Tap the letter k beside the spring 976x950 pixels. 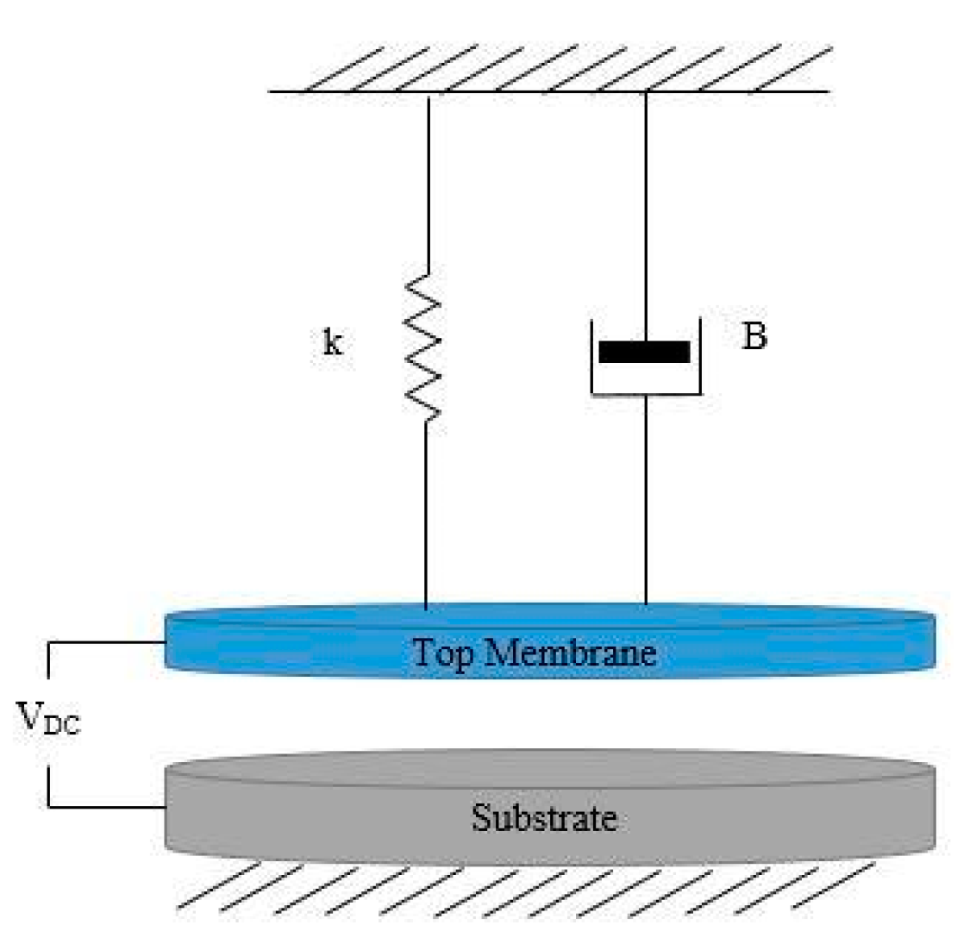pos(332,344)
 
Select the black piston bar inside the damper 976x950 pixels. pos(644,352)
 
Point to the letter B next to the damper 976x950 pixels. pos(754,337)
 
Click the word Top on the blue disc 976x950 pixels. pos(442,653)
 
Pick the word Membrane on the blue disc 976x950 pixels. pos(570,652)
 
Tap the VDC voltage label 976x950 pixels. pos(48,718)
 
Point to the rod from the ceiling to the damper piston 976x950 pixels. pos(646,207)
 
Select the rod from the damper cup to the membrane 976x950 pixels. pos(646,500)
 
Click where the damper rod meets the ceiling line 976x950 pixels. pos(646,91)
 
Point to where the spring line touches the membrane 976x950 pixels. pos(426,607)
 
